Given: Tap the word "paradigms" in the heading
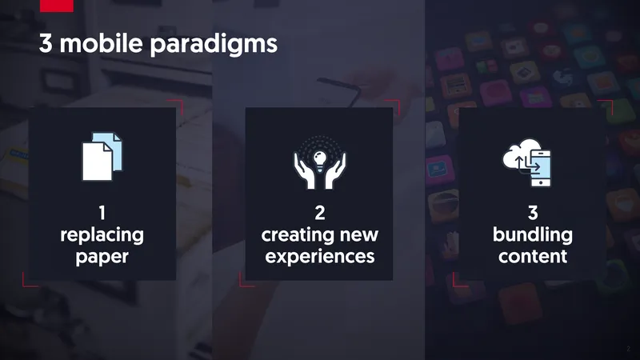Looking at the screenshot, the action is pos(214,45).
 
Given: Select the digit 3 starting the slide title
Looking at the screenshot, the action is pos(46,43).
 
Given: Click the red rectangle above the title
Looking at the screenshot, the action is pos(57,6).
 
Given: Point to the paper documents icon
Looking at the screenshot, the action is pos(102,156).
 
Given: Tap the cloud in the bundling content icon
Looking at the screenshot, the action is pos(518,154).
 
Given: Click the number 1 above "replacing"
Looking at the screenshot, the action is pos(102,212).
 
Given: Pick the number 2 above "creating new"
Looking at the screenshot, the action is pos(320,212).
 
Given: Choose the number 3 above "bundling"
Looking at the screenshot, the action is pos(533,212).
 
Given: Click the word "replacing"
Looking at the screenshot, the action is pos(102,235).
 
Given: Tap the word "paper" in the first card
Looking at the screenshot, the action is pos(102,258).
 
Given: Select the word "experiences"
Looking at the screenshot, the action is pos(320,257).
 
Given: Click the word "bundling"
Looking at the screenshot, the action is pos(533,235).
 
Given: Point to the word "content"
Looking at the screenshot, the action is pos(533,256).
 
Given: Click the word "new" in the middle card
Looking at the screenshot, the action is pos(359,235).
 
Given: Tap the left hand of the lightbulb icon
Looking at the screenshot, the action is pos(305,170).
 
